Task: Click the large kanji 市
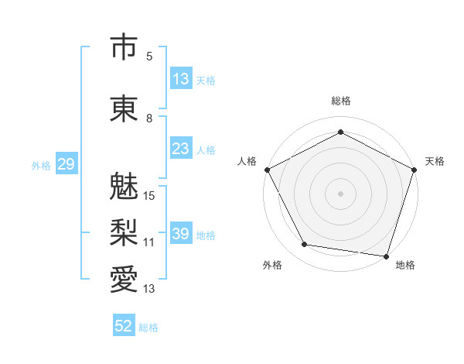pyautogui.click(x=124, y=46)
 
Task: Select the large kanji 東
pyautogui.click(x=124, y=108)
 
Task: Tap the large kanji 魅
pyautogui.click(x=124, y=186)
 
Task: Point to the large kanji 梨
pyautogui.click(x=124, y=232)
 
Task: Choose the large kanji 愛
pyautogui.click(x=124, y=279)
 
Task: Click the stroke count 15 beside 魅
pyautogui.click(x=148, y=196)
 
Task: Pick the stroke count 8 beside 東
pyautogui.click(x=149, y=118)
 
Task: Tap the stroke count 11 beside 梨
pyautogui.click(x=148, y=242)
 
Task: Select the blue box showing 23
pyautogui.click(x=182, y=148)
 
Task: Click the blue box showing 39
pyautogui.click(x=182, y=232)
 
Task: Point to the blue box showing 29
pyautogui.click(x=67, y=163)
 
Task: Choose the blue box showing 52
pyautogui.click(x=124, y=325)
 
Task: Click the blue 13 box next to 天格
pyautogui.click(x=182, y=78)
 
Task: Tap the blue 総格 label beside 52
pyautogui.click(x=148, y=328)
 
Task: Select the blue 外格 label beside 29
pyautogui.click(x=41, y=166)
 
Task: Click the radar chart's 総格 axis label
pyautogui.click(x=341, y=101)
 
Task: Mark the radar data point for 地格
pyautogui.click(x=386, y=256)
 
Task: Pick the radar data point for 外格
pyautogui.click(x=305, y=245)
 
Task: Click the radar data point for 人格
pyautogui.click(x=268, y=170)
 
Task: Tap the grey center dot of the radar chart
pyautogui.click(x=340, y=194)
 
